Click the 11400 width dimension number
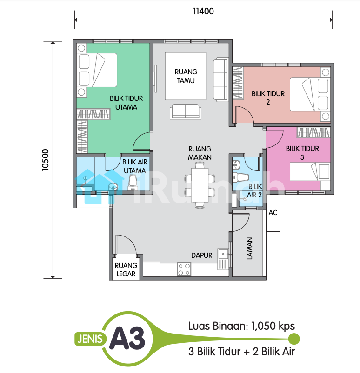point(203,11)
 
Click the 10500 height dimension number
point(45,160)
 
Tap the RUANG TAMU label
point(186,76)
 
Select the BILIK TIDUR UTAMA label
point(126,103)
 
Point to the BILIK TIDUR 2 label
point(268,98)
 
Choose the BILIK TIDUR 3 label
point(302,153)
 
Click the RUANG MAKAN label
point(200,153)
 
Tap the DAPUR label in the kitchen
point(201,255)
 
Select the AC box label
point(273,212)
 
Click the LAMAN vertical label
point(249,248)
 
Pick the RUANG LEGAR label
point(126,269)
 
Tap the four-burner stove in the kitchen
point(184,269)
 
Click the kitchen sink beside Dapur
point(223,259)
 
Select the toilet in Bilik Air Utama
point(133,183)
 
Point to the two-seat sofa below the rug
point(186,112)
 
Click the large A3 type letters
point(127,338)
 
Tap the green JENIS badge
point(90,339)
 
